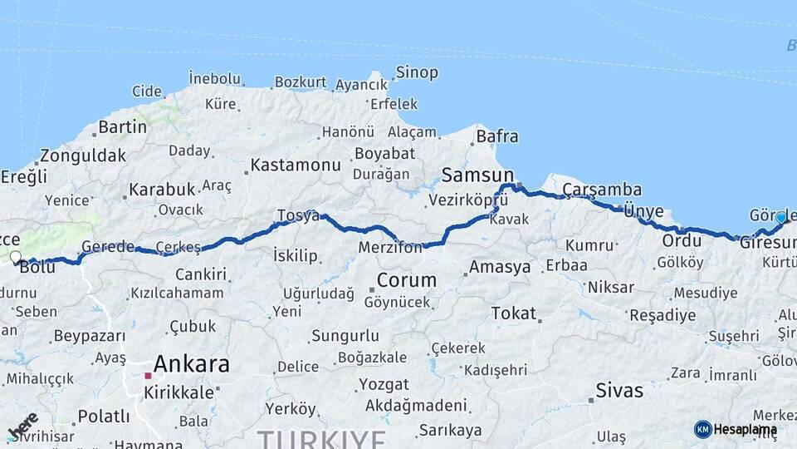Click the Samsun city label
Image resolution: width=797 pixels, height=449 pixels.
tap(478, 175)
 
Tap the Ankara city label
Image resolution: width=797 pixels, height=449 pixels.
tap(192, 363)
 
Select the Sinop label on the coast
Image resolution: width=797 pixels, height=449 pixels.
tap(417, 72)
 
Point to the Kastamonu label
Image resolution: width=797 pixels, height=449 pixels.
tap(296, 165)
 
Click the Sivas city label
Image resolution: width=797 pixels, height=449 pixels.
tap(619, 390)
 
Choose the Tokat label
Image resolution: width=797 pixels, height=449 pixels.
tap(514, 313)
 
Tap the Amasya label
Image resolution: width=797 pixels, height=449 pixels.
tap(500, 267)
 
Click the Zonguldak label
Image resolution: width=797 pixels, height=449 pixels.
tap(83, 155)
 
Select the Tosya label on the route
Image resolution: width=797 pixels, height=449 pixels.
tap(298, 215)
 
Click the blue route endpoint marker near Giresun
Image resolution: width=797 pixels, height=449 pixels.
tap(780, 218)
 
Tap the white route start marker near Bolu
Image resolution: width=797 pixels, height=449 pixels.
tap(15, 257)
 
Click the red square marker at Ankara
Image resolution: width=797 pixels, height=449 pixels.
tap(148, 376)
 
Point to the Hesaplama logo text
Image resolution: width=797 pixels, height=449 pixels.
tap(746, 429)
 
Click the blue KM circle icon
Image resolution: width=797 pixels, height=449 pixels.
tap(702, 429)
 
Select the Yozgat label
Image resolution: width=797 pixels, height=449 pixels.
tap(384, 385)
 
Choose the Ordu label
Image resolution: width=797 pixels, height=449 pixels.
tap(682, 240)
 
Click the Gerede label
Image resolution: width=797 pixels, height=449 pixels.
tap(108, 247)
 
